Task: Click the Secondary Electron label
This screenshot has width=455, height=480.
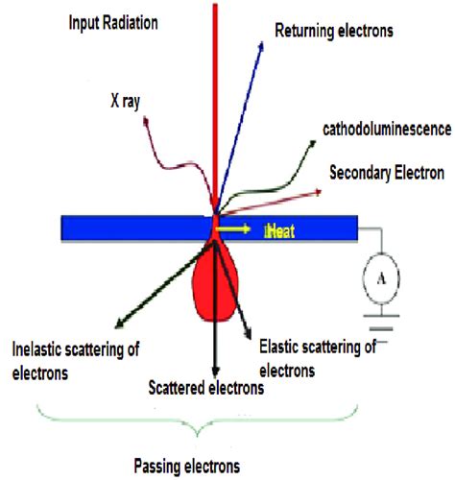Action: [386, 174]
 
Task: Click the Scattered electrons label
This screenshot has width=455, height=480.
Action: [206, 389]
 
